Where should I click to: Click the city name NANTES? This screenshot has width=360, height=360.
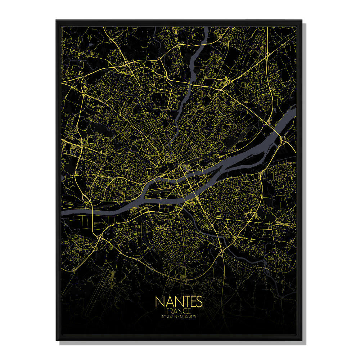point(179,302)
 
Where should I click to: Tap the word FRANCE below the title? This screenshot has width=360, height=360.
point(179,311)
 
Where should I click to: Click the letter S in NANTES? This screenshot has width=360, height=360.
point(200,302)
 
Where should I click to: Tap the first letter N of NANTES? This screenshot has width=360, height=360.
point(159,302)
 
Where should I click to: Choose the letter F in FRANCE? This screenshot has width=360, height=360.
point(168,311)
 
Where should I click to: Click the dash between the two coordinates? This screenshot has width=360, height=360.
point(180,317)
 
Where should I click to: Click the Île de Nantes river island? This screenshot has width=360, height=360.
point(169,187)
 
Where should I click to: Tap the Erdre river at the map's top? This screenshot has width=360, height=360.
point(197,54)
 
